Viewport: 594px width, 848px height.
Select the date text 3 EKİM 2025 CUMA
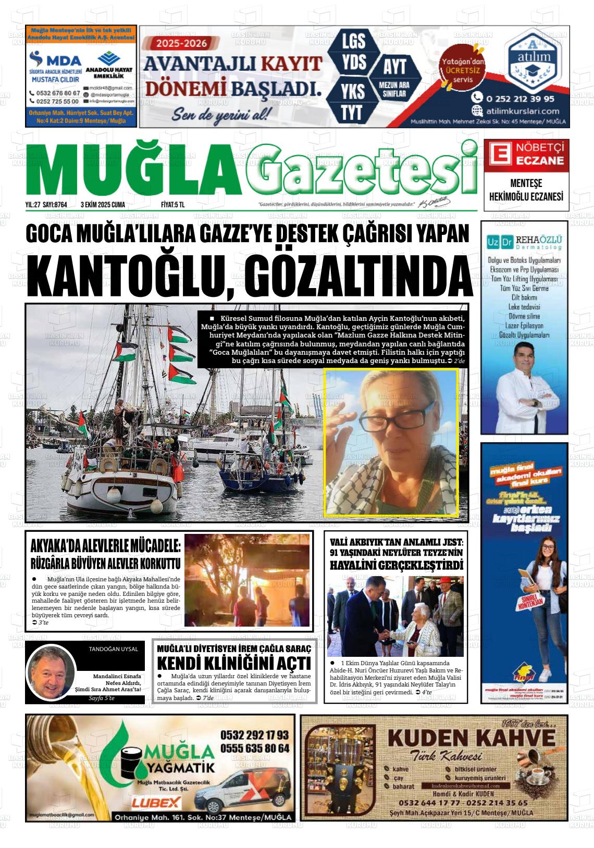(103, 205)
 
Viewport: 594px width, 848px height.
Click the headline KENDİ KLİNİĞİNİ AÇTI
(234, 663)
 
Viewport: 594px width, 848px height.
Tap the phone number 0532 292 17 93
(254, 735)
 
